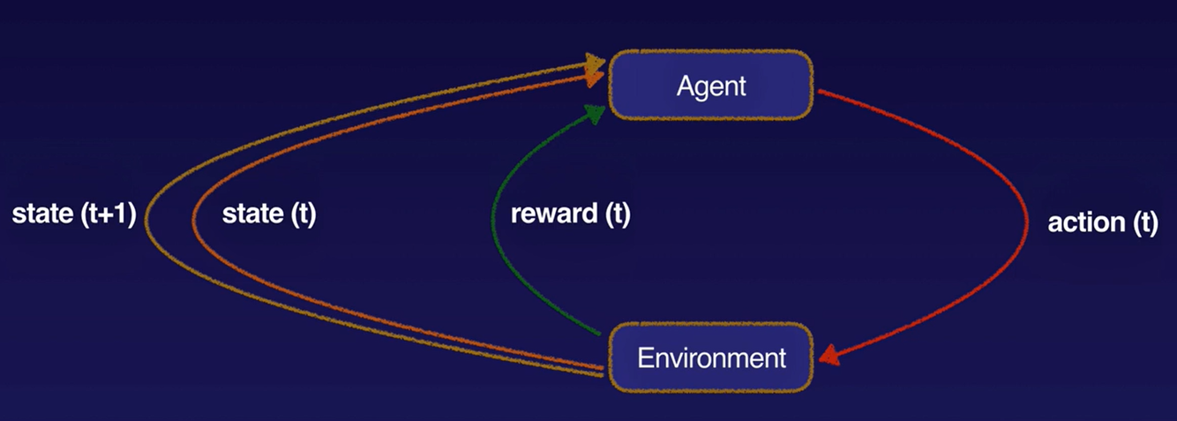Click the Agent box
(x=710, y=86)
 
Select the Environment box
(x=710, y=357)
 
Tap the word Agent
(x=711, y=86)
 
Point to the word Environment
(x=711, y=358)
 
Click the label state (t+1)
(x=73, y=215)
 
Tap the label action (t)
(x=1102, y=222)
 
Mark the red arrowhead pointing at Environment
(x=827, y=357)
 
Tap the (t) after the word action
(x=1143, y=222)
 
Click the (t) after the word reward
(x=615, y=215)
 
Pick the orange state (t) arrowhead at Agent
(x=597, y=78)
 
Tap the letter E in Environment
(x=643, y=358)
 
